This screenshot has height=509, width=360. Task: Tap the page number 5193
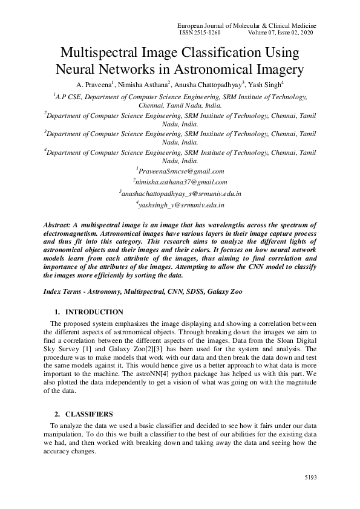(310, 478)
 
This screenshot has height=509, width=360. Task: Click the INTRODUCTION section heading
(94, 312)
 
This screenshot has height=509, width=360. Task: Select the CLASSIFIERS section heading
(90, 415)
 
